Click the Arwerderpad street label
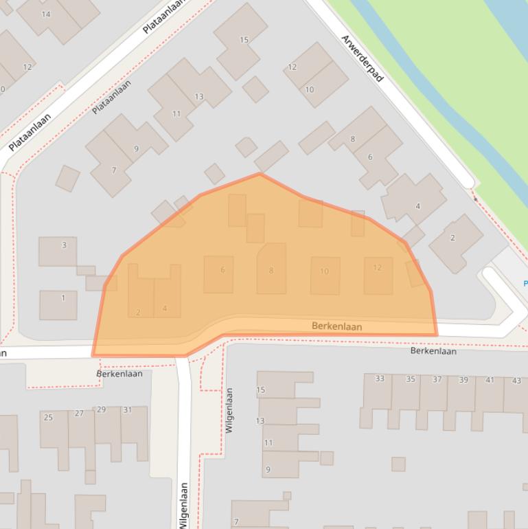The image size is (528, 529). pos(362,58)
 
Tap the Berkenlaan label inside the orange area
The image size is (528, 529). pos(336,326)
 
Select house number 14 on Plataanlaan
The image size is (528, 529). pos(46,14)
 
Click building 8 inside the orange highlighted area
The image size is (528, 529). pos(271,271)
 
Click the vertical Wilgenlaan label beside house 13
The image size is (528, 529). pos(229,410)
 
